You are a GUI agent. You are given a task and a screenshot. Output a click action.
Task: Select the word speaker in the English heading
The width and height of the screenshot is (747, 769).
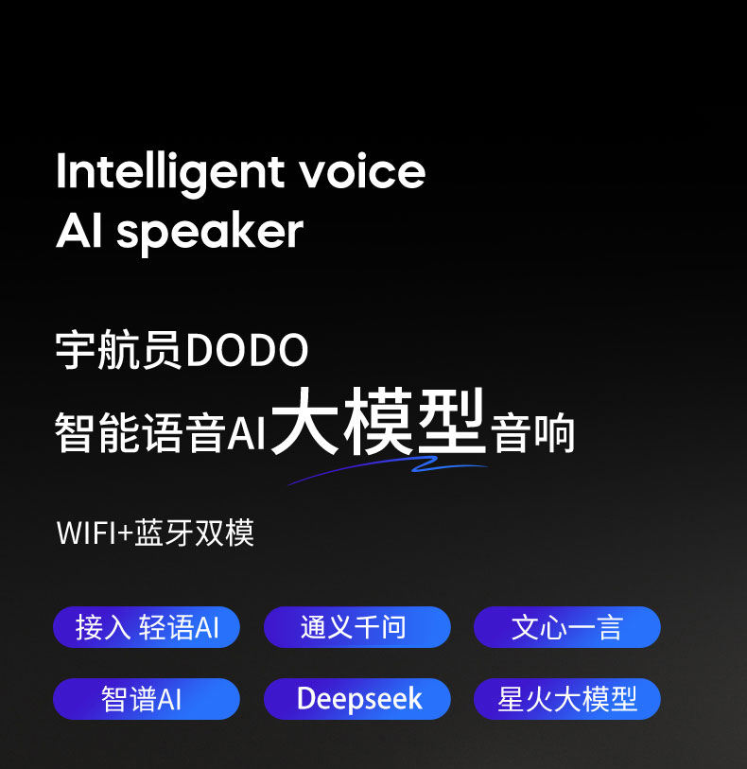click(210, 234)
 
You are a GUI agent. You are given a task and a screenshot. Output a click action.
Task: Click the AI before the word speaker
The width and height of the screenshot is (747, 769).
click(79, 231)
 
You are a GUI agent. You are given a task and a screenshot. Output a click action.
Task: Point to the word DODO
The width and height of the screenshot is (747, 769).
click(247, 350)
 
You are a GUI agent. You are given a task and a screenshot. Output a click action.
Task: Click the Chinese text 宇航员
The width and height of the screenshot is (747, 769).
click(119, 350)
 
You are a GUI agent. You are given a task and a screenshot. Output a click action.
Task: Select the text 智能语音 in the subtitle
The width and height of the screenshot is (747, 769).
click(140, 432)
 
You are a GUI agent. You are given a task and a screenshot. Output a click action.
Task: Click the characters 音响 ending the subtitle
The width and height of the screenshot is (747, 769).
click(532, 433)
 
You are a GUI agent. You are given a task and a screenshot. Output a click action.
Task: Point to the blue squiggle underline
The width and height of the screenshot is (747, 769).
click(388, 467)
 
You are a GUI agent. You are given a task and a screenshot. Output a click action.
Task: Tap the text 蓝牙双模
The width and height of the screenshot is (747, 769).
click(195, 533)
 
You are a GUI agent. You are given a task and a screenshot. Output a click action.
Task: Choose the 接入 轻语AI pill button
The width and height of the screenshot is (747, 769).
click(146, 627)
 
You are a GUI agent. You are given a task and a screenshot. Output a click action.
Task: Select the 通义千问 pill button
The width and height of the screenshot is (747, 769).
click(356, 627)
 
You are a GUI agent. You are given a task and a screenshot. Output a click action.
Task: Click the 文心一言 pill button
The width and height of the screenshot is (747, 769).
click(567, 627)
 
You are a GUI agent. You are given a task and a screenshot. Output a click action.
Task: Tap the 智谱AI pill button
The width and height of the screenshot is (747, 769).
click(146, 699)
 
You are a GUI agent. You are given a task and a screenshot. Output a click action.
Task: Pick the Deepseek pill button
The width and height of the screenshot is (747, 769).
click(356, 699)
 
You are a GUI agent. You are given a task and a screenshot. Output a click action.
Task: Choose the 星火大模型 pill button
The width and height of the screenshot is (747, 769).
click(567, 699)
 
